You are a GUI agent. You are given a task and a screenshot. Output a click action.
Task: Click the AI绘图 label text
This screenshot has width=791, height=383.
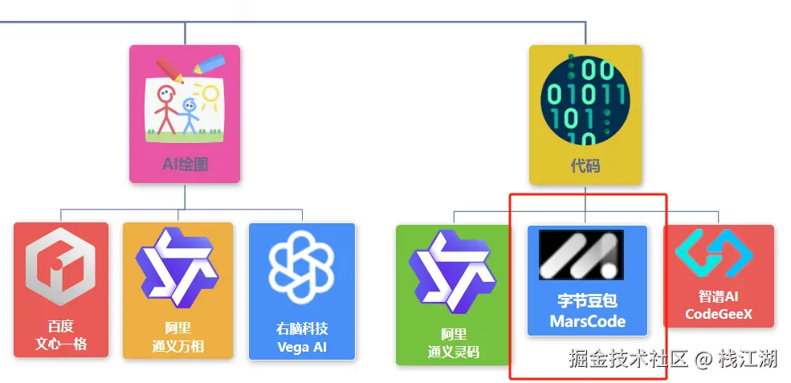(x=185, y=165)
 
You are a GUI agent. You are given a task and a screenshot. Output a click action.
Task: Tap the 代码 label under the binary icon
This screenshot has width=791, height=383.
(x=585, y=166)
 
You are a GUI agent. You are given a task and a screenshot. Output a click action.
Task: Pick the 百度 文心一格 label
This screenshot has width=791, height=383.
(x=61, y=335)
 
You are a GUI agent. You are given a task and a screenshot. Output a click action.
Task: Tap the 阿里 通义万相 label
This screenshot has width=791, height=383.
(x=177, y=337)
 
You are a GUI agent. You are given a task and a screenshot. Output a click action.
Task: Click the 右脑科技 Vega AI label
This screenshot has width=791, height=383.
(x=302, y=338)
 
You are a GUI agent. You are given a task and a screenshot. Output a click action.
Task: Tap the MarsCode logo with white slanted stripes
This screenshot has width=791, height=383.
(x=581, y=255)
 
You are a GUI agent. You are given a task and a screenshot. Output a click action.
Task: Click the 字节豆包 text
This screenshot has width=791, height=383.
(x=587, y=302)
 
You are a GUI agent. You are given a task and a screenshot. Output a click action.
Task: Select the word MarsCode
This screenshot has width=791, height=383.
(x=587, y=322)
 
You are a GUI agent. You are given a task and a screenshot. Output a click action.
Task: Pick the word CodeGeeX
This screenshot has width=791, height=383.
(x=719, y=314)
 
